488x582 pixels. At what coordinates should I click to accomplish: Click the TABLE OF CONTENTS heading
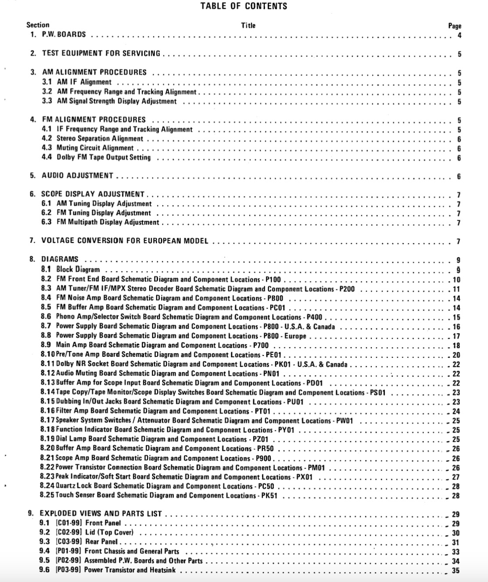244,6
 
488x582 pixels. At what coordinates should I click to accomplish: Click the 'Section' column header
38,25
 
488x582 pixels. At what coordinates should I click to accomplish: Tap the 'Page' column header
455,26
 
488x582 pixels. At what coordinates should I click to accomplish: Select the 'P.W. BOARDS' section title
64,34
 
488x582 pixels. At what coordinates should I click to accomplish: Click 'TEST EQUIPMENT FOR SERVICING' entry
101,54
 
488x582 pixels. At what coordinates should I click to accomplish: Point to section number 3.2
47,92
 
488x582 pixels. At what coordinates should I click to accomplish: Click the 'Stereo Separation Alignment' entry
100,139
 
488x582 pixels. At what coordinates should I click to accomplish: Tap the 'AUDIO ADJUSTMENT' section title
78,176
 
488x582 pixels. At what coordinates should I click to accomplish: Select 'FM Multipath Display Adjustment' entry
108,223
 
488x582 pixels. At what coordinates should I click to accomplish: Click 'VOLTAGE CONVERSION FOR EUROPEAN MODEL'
125,241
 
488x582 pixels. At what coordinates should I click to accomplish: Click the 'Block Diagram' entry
78,269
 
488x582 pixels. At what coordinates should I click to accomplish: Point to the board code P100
273,280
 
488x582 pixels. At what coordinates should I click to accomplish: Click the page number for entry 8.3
456,289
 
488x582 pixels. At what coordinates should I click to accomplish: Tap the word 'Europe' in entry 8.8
295,336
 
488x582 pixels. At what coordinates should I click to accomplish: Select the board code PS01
377,393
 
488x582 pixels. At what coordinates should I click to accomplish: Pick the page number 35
456,571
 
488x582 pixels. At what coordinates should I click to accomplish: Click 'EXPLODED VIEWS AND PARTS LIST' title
101,514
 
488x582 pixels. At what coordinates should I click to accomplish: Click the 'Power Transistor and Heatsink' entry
130,570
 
